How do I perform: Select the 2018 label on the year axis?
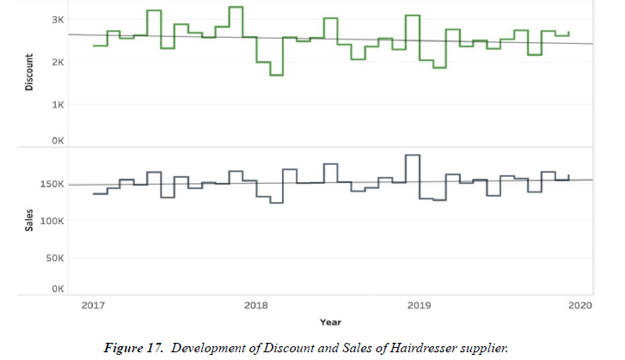pos(255,305)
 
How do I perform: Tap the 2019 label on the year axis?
pos(419,305)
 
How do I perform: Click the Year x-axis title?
pos(330,322)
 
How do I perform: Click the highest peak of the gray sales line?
pos(412,156)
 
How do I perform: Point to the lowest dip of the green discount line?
pos(276,76)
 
